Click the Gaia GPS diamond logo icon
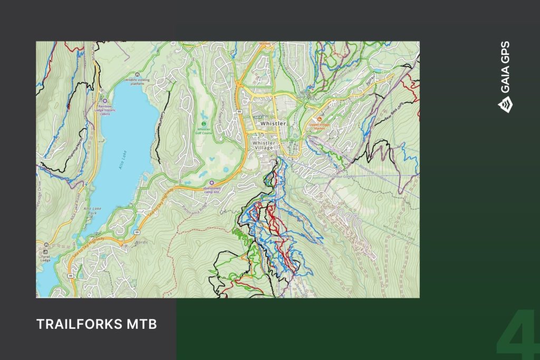click(x=504, y=106)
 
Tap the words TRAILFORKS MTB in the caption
click(x=97, y=324)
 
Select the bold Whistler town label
click(x=273, y=123)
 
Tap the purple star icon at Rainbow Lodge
click(x=104, y=100)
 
